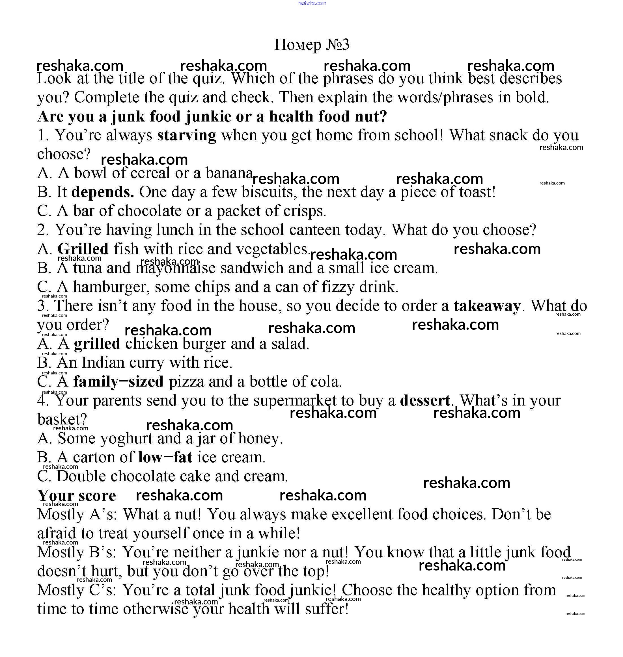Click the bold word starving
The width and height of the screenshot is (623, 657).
(187, 136)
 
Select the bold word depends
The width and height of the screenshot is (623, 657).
(103, 192)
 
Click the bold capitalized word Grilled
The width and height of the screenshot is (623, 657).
(83, 249)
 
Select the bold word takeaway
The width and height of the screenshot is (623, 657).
(487, 306)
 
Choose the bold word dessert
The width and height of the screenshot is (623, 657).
(425, 401)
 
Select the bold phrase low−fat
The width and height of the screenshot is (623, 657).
(165, 457)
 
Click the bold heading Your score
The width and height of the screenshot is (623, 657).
(77, 496)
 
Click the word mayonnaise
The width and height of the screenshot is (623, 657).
(175, 268)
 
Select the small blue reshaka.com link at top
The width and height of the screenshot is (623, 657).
(312, 3)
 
